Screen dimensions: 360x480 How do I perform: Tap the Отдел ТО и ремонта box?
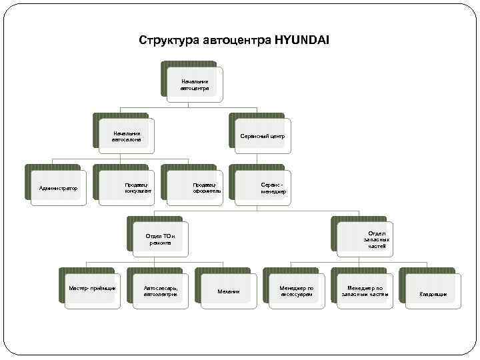[159, 239]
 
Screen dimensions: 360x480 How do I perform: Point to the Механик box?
[227, 291]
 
